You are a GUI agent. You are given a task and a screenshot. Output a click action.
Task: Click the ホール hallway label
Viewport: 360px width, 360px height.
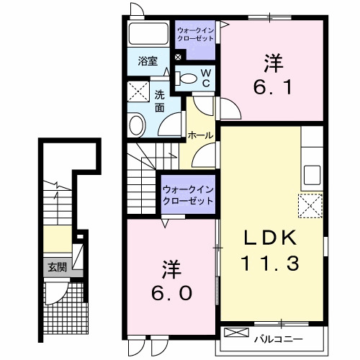[199, 135]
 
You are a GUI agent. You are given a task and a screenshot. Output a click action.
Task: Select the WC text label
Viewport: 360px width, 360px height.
[205, 77]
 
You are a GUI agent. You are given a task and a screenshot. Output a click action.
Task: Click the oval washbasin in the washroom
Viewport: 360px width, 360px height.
[136, 126]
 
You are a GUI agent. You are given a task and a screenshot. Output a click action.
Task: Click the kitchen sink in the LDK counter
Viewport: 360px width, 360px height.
[312, 175]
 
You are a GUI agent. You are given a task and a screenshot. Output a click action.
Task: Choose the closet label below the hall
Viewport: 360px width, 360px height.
[188, 194]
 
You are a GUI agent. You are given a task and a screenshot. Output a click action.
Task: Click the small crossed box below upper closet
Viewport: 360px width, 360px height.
[178, 56]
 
